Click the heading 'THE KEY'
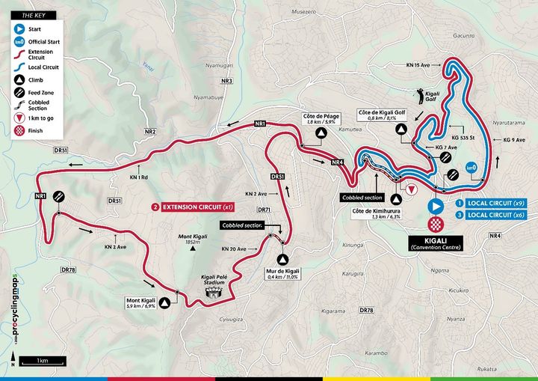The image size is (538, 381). tap(28, 15)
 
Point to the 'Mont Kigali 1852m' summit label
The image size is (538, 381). tap(191, 240)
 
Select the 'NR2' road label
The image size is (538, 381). tap(150, 132)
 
